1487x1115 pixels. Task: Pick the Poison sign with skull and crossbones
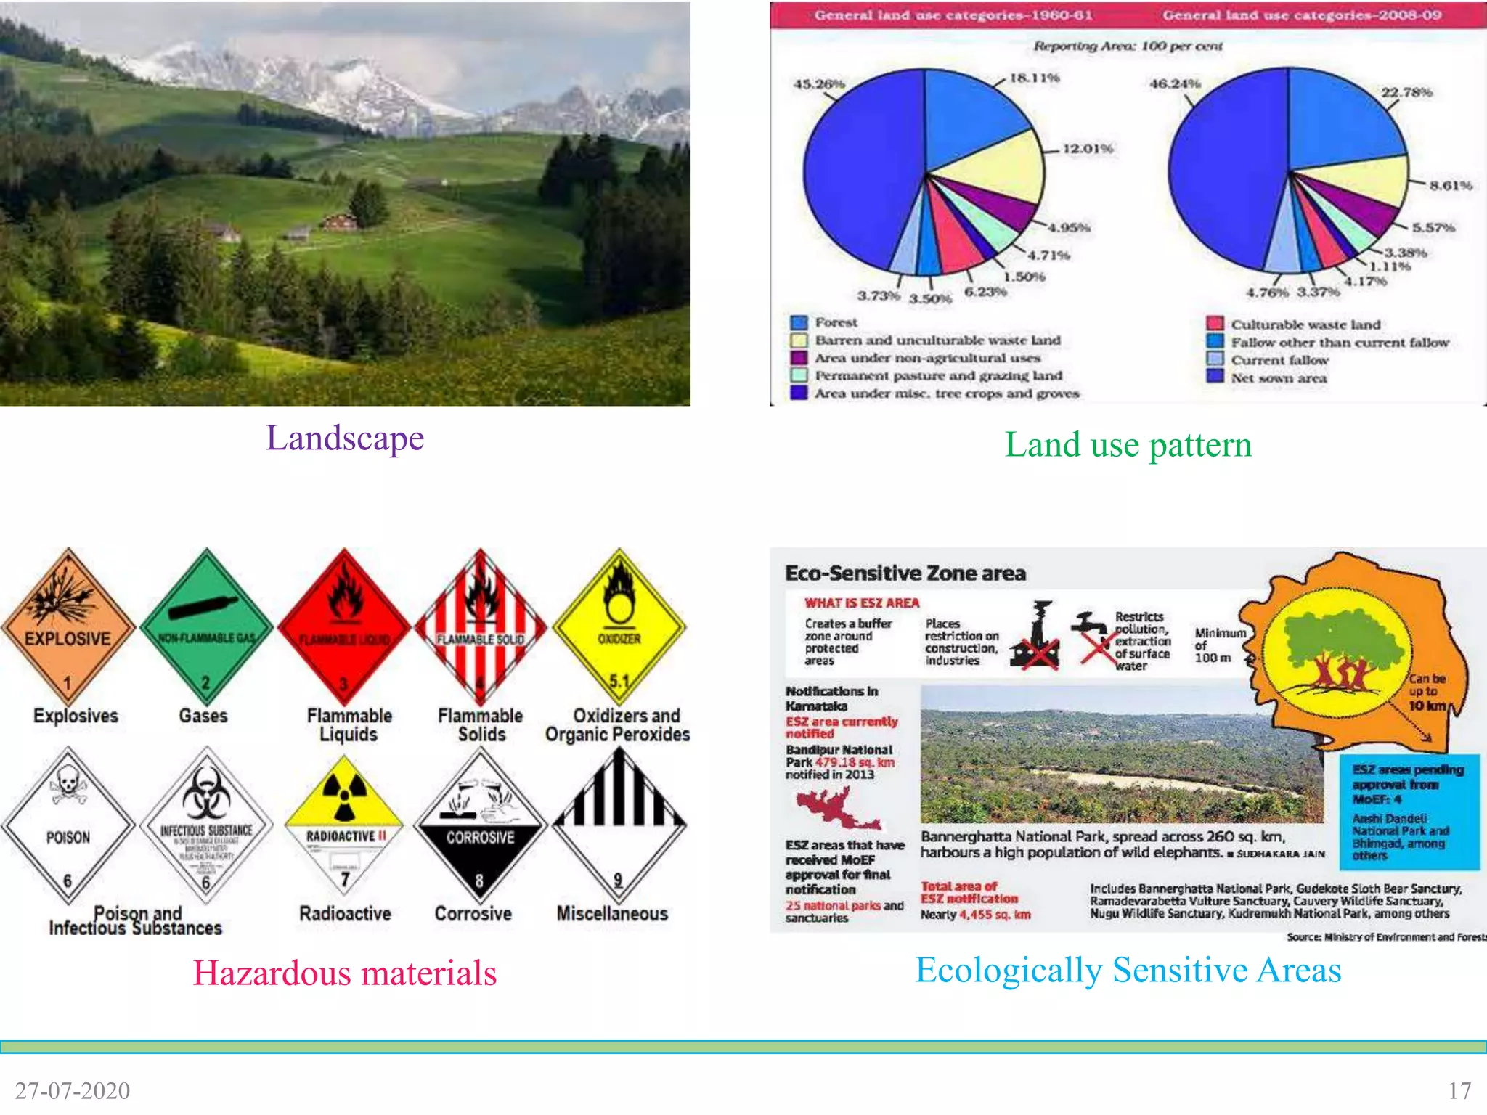coord(68,825)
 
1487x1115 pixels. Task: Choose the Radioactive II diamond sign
coord(344,825)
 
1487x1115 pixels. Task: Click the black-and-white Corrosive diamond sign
coord(479,825)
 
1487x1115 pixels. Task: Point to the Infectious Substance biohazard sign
coord(206,825)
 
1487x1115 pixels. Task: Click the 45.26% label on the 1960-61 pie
coord(819,84)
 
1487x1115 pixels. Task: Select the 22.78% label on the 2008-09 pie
coord(1406,92)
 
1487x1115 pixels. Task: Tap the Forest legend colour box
coord(799,322)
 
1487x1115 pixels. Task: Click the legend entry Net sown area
coord(1278,377)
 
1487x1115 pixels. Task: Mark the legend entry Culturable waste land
coord(1305,324)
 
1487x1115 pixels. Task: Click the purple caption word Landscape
coord(345,438)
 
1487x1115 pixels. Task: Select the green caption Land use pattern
coord(1128,444)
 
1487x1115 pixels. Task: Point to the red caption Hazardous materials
coord(344,973)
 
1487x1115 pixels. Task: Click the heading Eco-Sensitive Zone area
coord(905,573)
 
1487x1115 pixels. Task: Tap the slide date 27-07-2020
coord(73,1090)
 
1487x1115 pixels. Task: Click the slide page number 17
coord(1459,1090)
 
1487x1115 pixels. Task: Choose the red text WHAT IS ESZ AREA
coord(862,603)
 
